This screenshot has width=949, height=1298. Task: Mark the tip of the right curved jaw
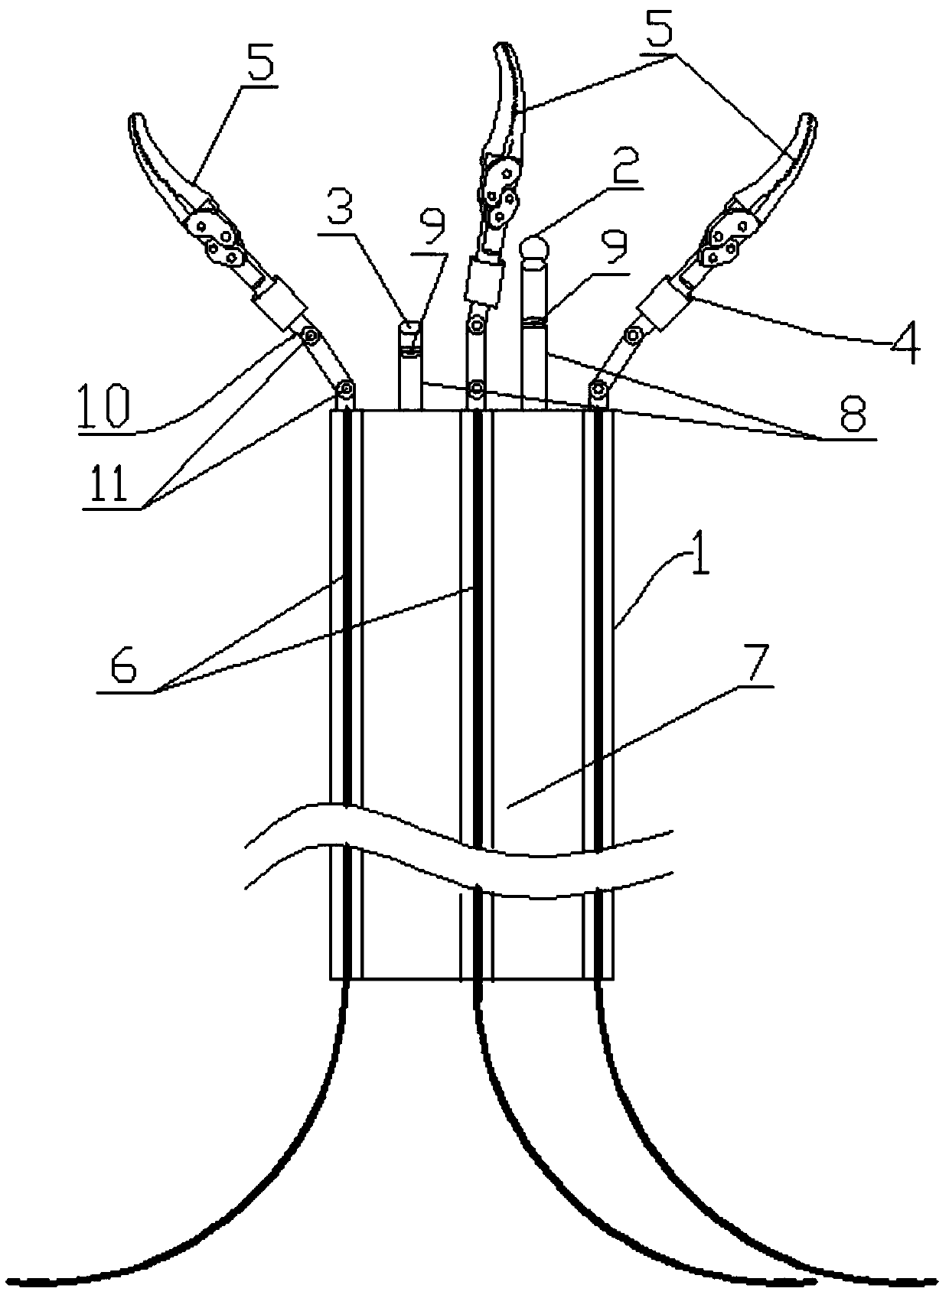pyautogui.click(x=808, y=118)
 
